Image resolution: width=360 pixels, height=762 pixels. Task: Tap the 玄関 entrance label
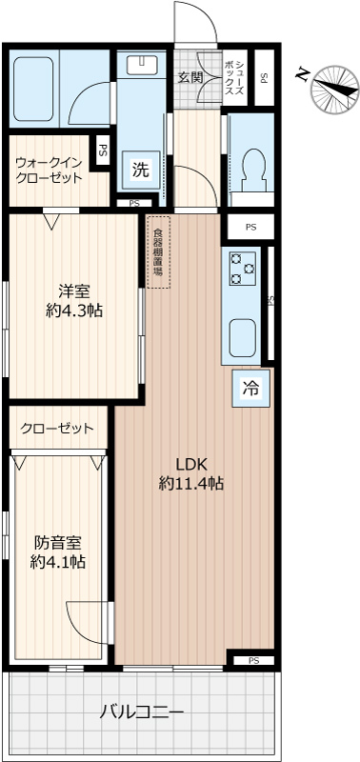click(x=190, y=77)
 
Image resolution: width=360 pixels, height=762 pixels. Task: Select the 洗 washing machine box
click(x=141, y=170)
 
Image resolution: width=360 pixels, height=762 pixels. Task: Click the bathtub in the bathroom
click(x=32, y=89)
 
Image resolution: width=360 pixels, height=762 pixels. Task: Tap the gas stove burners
click(x=242, y=268)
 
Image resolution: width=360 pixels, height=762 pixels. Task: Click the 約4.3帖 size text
click(x=73, y=311)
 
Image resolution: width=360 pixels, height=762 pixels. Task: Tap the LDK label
click(x=190, y=465)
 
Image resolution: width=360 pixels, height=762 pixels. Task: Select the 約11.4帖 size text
click(x=190, y=484)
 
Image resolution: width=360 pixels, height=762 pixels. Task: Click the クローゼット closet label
click(x=56, y=428)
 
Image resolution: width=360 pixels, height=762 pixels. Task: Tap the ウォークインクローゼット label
click(x=48, y=170)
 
